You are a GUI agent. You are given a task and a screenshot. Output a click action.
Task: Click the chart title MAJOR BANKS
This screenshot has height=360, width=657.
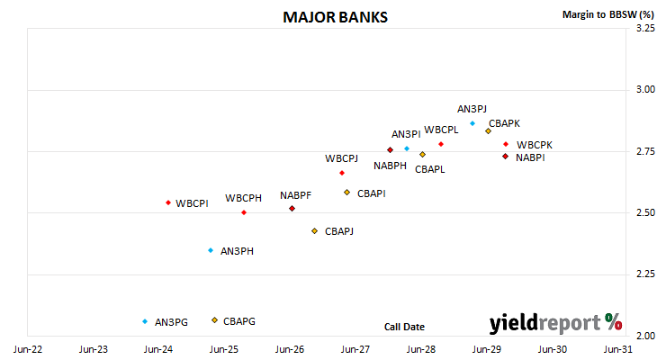click(335, 17)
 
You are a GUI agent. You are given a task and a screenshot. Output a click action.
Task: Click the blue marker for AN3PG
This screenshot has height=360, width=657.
click(145, 321)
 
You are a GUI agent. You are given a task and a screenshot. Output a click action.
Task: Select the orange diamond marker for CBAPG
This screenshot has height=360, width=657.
click(214, 320)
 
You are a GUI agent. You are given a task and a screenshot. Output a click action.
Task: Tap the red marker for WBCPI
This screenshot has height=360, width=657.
click(168, 202)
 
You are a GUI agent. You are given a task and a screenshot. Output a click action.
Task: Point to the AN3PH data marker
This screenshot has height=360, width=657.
click(211, 250)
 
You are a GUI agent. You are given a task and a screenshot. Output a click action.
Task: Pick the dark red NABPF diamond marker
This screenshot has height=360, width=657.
click(292, 208)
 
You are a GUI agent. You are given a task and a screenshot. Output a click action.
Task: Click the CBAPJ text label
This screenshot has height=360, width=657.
click(339, 231)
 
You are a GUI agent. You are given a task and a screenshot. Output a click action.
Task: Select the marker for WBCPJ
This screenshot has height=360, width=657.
click(342, 173)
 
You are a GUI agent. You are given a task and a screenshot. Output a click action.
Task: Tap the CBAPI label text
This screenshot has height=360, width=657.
click(371, 193)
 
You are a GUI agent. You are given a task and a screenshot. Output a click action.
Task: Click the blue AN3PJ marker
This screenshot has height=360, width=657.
click(472, 123)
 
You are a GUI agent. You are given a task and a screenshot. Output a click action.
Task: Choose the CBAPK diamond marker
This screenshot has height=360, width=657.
click(488, 131)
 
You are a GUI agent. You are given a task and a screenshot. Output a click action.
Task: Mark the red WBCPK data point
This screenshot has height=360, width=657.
click(506, 144)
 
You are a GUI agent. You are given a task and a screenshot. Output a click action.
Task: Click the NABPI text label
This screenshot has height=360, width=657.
click(530, 157)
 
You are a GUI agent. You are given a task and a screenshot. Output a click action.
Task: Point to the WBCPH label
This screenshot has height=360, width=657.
click(243, 198)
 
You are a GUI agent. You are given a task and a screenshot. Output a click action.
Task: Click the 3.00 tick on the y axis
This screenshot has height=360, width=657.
click(645, 89)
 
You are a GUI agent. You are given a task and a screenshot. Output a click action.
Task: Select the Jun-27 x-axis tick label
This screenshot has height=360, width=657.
click(355, 349)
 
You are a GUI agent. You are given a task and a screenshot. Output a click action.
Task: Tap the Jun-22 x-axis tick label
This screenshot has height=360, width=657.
click(28, 349)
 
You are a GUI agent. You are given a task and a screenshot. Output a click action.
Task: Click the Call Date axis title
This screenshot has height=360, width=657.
click(404, 327)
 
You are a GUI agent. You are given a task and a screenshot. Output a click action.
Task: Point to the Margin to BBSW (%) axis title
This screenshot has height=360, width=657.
click(608, 14)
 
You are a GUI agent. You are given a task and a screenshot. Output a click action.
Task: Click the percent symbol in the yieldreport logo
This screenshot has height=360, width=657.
click(614, 322)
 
